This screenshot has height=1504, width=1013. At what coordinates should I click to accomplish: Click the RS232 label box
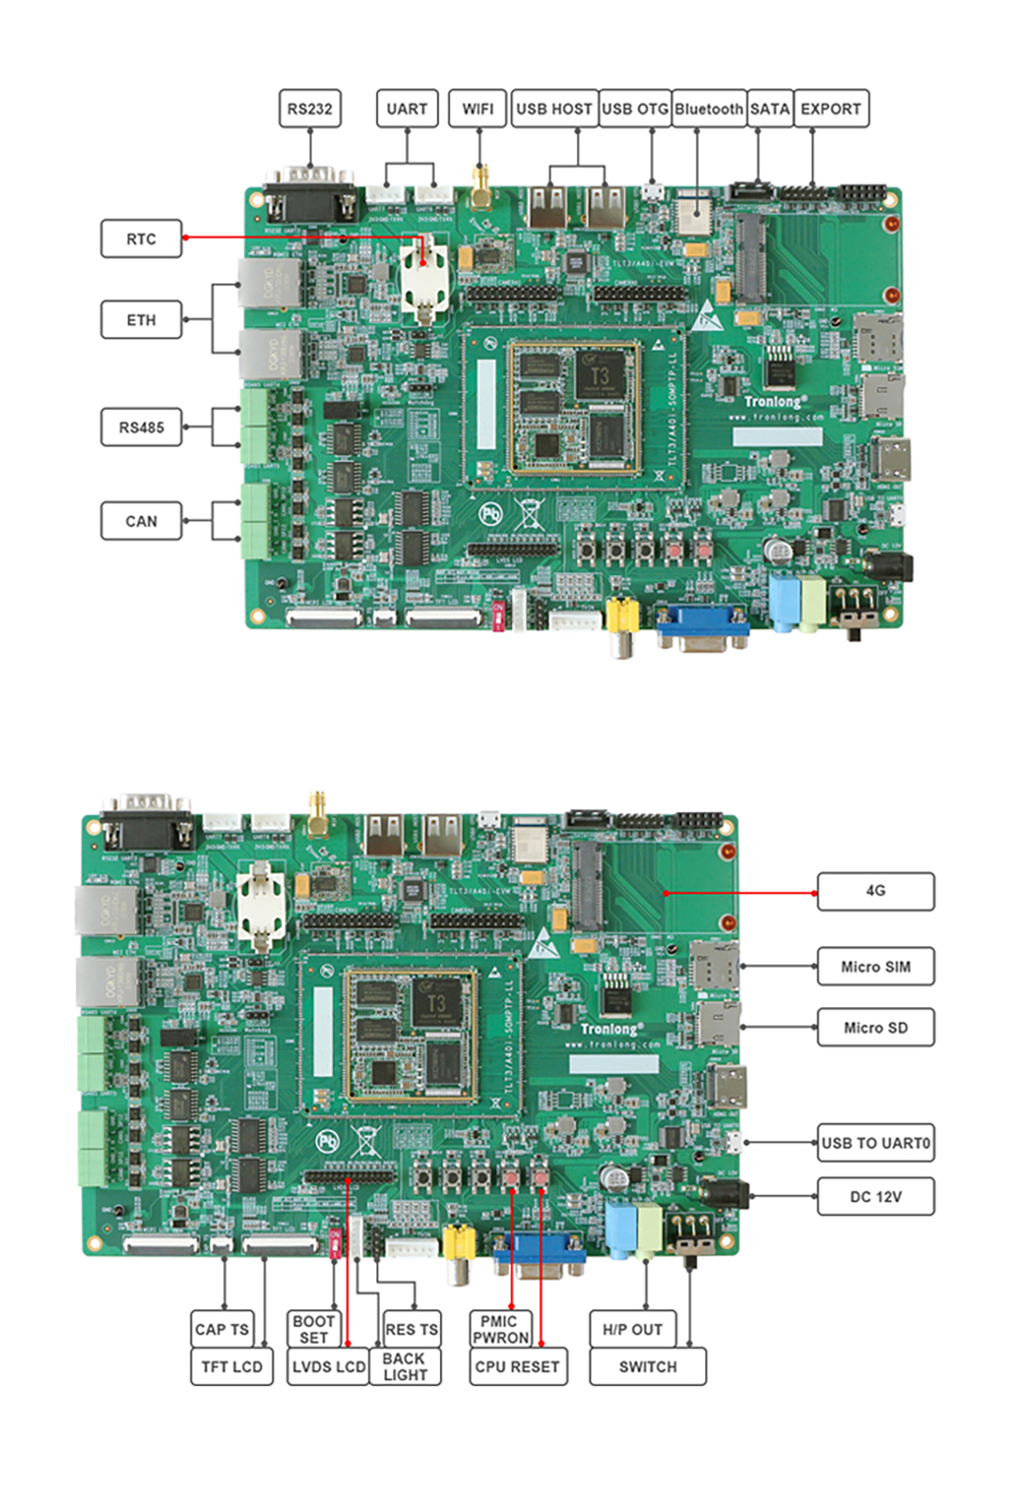tap(310, 109)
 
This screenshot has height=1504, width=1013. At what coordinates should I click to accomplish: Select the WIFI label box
tap(477, 109)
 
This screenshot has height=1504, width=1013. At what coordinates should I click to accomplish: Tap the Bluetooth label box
tap(708, 109)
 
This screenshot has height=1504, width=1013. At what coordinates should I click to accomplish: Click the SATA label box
tap(770, 109)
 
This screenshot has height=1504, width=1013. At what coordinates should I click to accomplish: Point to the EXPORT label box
tap(831, 109)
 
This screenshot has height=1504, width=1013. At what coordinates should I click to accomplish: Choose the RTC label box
tap(141, 239)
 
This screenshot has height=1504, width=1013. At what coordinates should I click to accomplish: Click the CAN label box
tap(141, 521)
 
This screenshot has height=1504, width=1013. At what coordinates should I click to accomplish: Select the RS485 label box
tap(141, 428)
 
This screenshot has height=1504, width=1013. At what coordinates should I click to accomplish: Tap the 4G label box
tap(875, 891)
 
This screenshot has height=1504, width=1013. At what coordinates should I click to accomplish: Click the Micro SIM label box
tap(875, 967)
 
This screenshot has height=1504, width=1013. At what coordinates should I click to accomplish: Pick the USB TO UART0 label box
tap(875, 1143)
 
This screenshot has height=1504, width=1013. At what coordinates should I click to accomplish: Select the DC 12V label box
tap(875, 1196)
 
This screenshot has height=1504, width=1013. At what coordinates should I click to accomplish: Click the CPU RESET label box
tap(517, 1367)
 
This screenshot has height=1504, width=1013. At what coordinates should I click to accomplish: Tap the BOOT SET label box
tap(313, 1329)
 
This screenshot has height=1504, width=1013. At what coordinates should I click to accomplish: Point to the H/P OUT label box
tap(632, 1330)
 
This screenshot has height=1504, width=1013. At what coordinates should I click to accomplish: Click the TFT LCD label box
tap(232, 1367)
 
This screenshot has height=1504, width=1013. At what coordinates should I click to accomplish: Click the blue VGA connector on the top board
tap(703, 625)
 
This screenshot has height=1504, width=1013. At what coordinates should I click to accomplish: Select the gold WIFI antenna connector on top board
tap(481, 188)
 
